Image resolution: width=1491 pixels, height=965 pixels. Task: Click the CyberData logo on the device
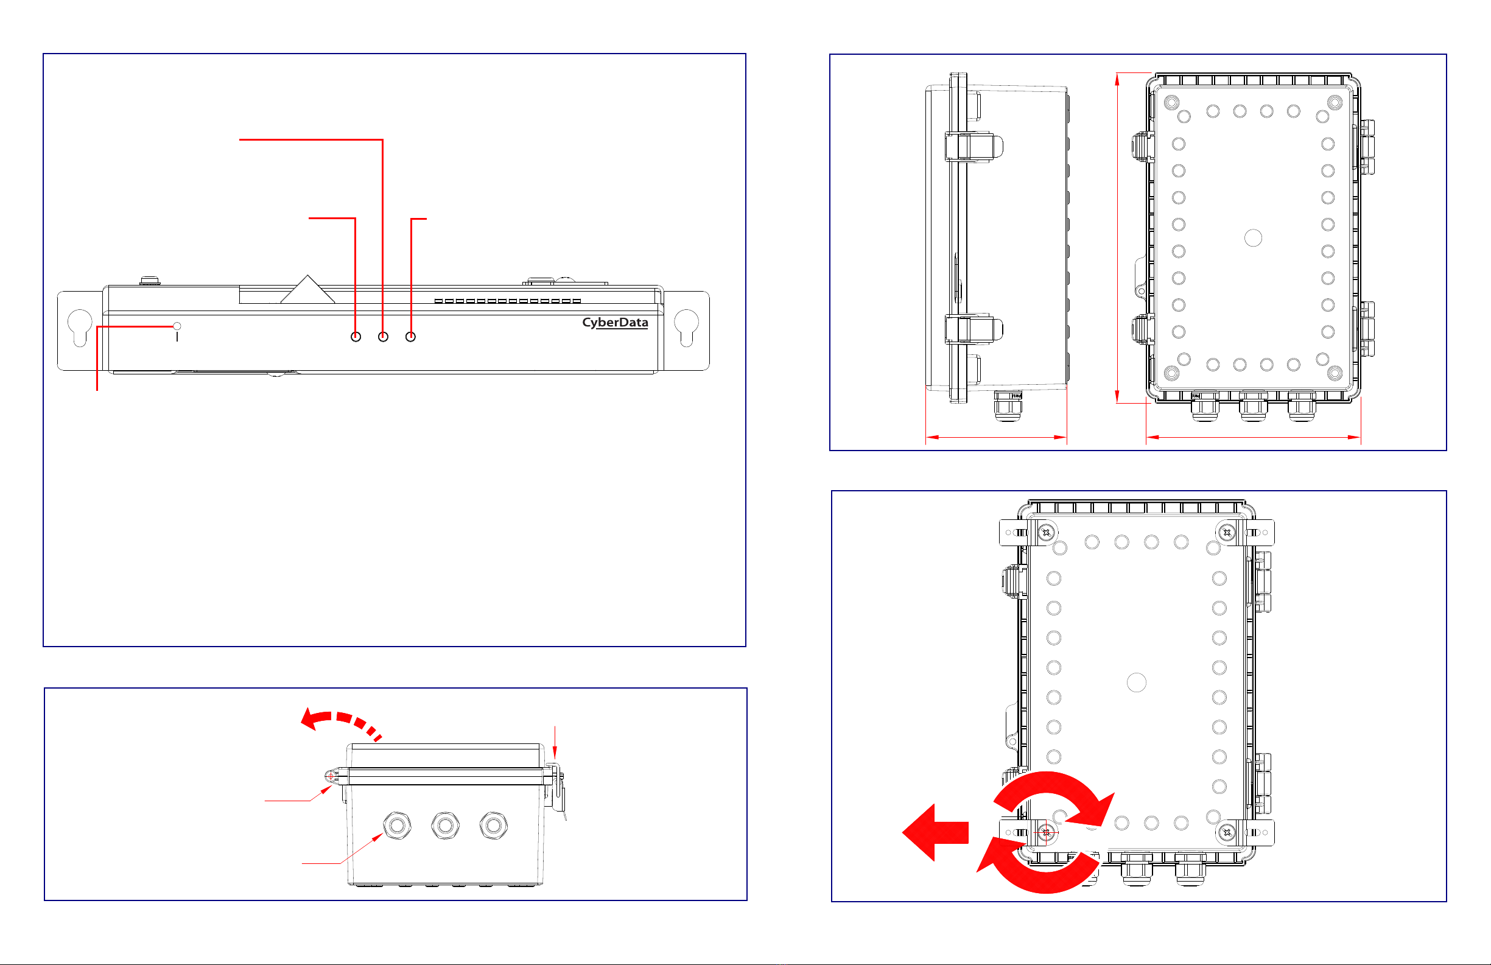coord(614,322)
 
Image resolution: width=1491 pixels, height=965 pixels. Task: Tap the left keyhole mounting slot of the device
coord(80,326)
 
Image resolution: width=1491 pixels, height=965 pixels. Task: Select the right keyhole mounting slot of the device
coord(687,326)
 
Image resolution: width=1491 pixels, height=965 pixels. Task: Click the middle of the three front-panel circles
coord(383,337)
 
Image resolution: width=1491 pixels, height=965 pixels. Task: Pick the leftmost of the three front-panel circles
coord(356,337)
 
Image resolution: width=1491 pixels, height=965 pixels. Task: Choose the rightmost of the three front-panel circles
coord(410,337)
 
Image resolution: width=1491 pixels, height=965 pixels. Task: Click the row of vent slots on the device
coord(507,301)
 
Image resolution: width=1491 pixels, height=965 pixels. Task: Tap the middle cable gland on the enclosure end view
coord(446,825)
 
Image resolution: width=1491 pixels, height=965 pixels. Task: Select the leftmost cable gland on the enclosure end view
coord(397,825)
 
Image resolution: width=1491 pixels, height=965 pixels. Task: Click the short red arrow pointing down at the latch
coord(555,743)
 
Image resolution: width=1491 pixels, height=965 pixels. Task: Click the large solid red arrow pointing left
coord(935,832)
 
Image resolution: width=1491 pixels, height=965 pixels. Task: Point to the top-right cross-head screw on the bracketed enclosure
coord(1227,533)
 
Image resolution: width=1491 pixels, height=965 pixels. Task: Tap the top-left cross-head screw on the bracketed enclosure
coord(1045,533)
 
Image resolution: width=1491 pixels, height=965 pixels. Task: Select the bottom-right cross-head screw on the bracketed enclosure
coord(1227,832)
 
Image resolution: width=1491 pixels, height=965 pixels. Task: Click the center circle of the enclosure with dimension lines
coord(1253,238)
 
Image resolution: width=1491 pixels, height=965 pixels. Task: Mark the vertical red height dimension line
coord(1117,238)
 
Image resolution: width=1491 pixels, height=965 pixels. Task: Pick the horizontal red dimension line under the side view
coord(996,437)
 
